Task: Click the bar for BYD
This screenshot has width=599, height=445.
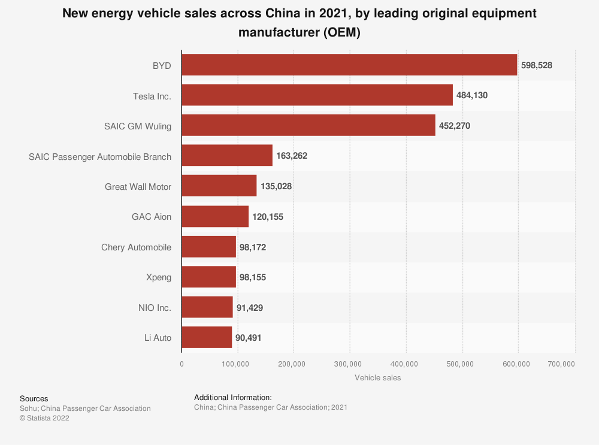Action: pyautogui.click(x=349, y=65)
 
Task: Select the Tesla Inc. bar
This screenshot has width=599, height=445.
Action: pyautogui.click(x=317, y=95)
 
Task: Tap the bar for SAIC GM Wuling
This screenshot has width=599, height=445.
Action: pyautogui.click(x=308, y=126)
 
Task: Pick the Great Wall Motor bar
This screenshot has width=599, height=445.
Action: pyautogui.click(x=219, y=186)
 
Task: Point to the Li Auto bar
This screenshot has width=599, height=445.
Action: pyautogui.click(x=207, y=337)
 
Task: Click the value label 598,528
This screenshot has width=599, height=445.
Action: pyautogui.click(x=537, y=65)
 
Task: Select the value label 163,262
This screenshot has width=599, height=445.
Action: pyautogui.click(x=292, y=156)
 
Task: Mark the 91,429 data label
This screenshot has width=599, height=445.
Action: pyautogui.click(x=250, y=307)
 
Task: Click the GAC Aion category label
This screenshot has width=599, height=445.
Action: pyautogui.click(x=152, y=217)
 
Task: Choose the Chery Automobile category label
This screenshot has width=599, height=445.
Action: pyautogui.click(x=136, y=247)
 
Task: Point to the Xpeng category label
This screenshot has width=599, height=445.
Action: pyautogui.click(x=159, y=277)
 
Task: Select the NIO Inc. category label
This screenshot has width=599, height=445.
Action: pyautogui.click(x=155, y=307)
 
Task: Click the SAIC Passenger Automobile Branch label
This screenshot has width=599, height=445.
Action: pyautogui.click(x=100, y=156)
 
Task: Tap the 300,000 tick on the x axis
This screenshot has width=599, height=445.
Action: pyautogui.click(x=350, y=364)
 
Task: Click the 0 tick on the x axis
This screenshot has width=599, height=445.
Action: pyautogui.click(x=181, y=364)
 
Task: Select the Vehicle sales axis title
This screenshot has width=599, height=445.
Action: pyautogui.click(x=378, y=378)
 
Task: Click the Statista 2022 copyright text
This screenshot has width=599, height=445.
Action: pyautogui.click(x=44, y=418)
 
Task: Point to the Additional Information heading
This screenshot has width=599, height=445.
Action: pyautogui.click(x=233, y=397)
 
